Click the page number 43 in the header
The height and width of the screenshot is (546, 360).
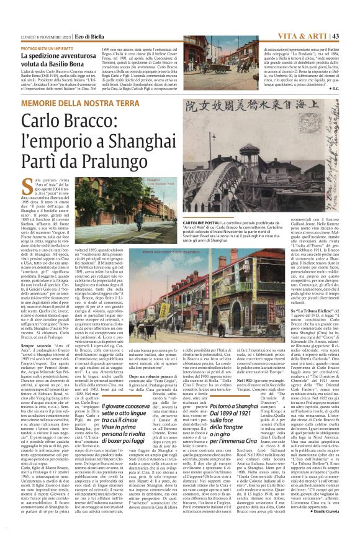pyautogui.click(x=350, y=18)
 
